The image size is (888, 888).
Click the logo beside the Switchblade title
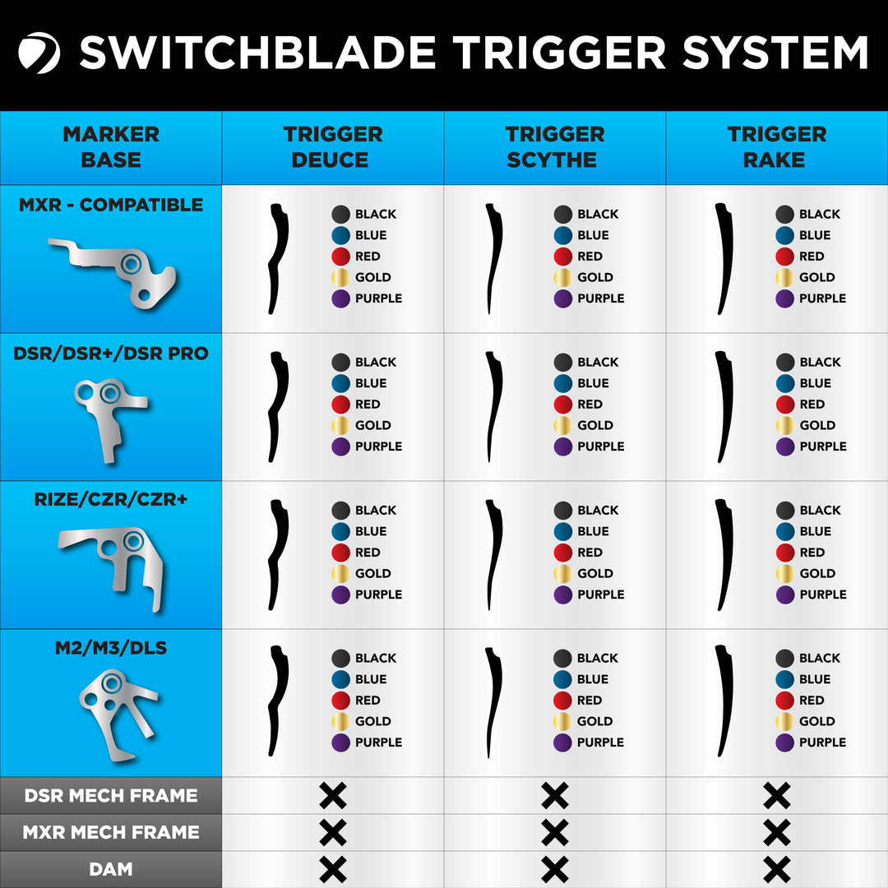tap(39, 53)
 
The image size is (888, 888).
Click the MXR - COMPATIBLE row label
tap(111, 205)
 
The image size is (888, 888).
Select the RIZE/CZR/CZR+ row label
tap(111, 501)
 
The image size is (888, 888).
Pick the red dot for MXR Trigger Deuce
tap(341, 257)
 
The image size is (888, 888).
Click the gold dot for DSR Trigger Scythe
tap(563, 425)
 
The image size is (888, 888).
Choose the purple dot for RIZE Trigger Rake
tap(785, 594)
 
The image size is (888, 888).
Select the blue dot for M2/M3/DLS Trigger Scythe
tap(563, 679)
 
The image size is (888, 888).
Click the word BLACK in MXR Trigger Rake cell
tap(820, 214)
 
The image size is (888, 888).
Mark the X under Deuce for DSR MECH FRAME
tap(333, 795)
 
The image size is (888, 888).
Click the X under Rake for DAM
tap(777, 869)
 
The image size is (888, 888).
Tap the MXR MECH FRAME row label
tap(111, 832)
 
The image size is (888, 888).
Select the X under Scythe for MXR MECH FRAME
tap(555, 832)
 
